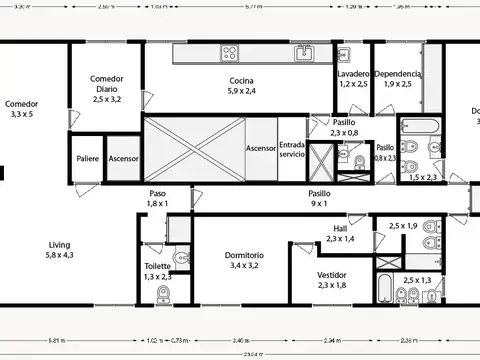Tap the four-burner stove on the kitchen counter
tap(231, 53)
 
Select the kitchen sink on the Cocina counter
tap(303, 53)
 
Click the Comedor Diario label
tap(106, 79)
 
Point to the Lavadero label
tap(353, 74)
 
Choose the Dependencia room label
tap(397, 74)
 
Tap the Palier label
tap(87, 159)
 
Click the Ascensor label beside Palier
tap(123, 159)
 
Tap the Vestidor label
tap(332, 274)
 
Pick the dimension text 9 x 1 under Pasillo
tap(319, 203)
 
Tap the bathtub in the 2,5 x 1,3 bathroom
tap(384, 290)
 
